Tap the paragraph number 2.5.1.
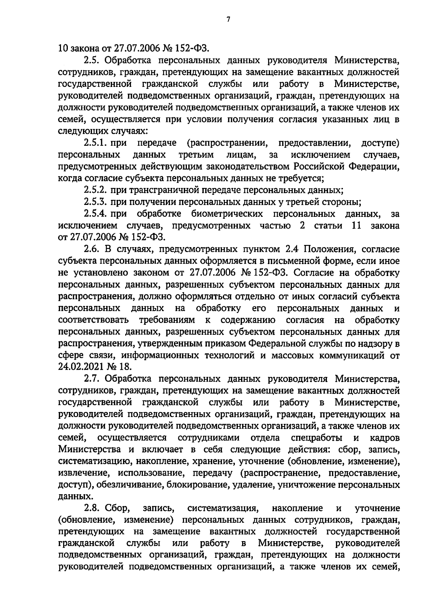point(95,143)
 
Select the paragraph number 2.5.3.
point(96,201)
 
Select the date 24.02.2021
point(79,367)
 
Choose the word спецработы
point(316,438)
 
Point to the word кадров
point(385,438)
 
